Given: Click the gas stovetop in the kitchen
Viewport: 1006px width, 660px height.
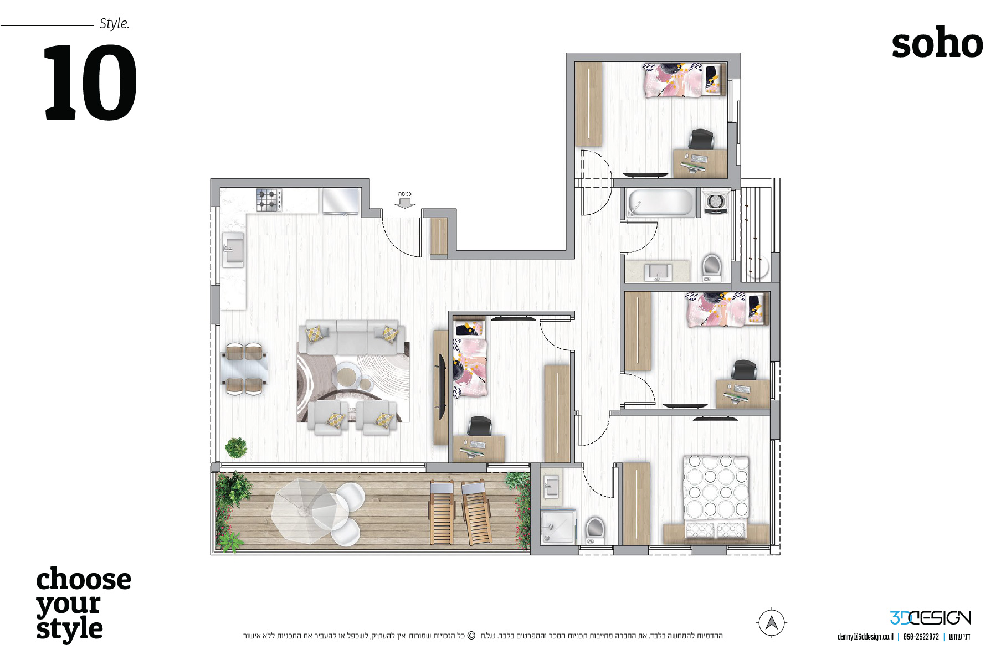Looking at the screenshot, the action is [x=269, y=200].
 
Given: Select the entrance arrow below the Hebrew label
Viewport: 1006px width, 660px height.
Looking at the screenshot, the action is [x=405, y=203].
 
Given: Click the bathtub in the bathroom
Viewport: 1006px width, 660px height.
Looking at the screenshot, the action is [x=660, y=203].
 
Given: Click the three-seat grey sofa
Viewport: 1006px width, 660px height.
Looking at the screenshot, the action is [x=351, y=337].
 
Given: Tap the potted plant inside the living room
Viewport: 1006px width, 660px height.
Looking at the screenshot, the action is [x=237, y=447].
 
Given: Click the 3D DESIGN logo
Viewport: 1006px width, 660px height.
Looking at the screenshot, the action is [x=930, y=617].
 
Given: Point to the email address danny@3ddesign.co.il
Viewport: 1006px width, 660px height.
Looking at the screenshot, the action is [x=865, y=637].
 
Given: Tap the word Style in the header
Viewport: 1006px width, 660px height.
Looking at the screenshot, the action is [x=114, y=24].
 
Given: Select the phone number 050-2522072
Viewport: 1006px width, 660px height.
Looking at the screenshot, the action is [x=921, y=637].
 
